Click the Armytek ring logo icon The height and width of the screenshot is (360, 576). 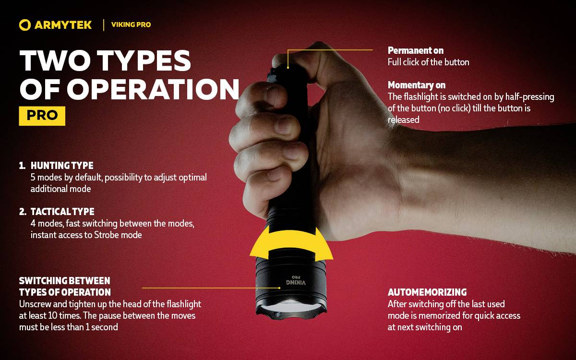coord(25,25)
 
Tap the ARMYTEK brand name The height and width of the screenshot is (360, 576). coord(63,25)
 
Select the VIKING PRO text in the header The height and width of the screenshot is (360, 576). coord(131,24)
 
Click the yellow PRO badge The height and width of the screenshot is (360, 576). coord(42,116)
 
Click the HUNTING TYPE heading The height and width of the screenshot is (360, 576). coord(62,166)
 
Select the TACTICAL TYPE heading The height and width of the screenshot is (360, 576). coord(62,212)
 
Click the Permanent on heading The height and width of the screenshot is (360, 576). coord(415,50)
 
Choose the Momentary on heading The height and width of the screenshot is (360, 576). coord(417,85)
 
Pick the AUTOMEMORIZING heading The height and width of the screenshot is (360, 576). coord(427,292)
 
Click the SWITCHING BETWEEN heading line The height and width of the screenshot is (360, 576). coord(64,280)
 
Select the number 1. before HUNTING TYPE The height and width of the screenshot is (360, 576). coord(22,166)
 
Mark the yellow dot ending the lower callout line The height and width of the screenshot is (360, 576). coord(280,288)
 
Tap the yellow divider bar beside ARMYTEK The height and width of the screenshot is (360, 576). coord(104,25)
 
